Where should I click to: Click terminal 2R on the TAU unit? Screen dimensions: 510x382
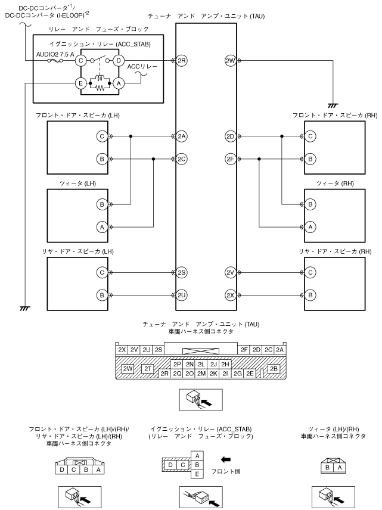(182, 60)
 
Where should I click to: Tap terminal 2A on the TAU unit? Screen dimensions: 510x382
(182, 136)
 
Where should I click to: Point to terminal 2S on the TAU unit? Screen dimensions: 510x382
(182, 272)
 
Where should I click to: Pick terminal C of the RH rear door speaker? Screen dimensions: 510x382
(310, 272)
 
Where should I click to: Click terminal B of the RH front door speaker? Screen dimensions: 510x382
(310, 159)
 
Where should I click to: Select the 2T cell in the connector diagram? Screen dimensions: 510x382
(148, 369)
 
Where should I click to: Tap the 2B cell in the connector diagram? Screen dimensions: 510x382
(274, 369)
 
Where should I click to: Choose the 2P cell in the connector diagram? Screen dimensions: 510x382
(176, 364)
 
